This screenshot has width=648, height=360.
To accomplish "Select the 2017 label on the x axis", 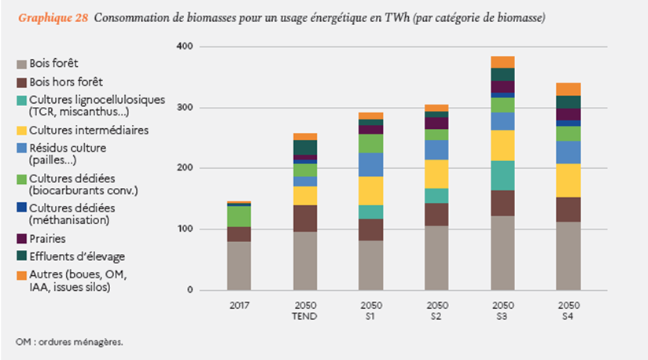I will coord(239,305).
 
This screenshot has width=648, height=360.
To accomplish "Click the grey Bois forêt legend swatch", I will coord(20,63).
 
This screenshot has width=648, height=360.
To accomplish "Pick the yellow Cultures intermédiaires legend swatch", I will coord(20,130).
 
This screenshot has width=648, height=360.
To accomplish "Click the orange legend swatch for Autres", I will coord(20,274).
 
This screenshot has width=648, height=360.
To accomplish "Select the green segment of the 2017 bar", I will coord(239,216).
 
